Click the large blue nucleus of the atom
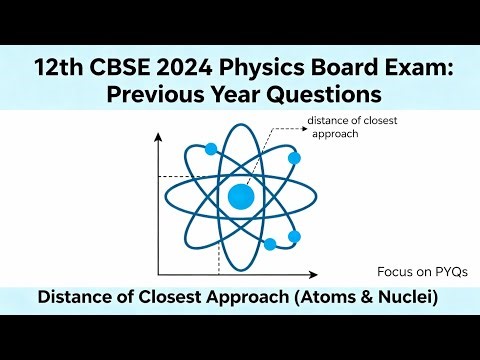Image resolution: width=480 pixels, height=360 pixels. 240,196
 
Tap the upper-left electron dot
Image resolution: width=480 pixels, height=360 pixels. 211,149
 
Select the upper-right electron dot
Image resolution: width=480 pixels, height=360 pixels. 294,158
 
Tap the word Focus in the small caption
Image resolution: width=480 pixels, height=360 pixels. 395,271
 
